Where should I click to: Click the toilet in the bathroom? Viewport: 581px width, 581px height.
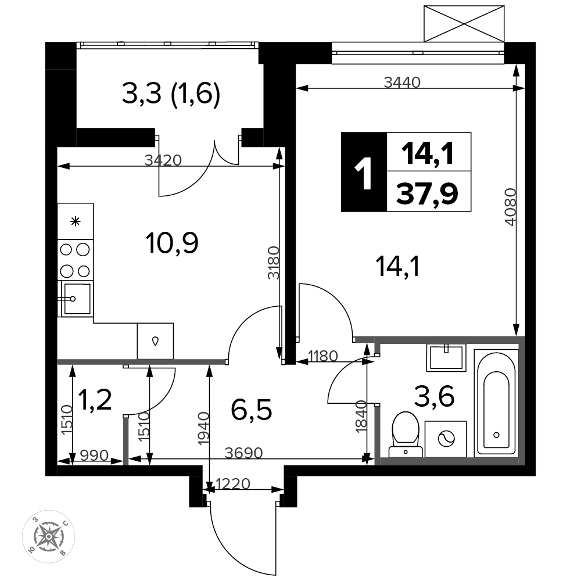tap(406, 435)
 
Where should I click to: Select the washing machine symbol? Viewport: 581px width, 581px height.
tap(446, 439)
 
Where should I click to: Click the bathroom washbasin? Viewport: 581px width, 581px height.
tap(446, 357)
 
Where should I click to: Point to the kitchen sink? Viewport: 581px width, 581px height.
tap(76, 299)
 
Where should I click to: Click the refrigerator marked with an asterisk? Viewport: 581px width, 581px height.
tap(76, 221)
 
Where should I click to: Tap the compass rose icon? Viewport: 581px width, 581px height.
tap(49, 536)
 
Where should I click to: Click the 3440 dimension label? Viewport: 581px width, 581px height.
tap(402, 83)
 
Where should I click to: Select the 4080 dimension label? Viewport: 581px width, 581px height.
tap(510, 207)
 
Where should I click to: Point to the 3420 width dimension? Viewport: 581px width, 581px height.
tap(163, 160)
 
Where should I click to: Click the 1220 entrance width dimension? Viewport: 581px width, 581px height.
tap(233, 483)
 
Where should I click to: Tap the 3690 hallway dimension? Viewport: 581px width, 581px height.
tap(244, 453)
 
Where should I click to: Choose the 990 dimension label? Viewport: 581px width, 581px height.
tap(94, 455)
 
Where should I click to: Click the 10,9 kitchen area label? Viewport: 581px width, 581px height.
tap(172, 243)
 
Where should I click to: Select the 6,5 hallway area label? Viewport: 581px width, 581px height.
tap(252, 410)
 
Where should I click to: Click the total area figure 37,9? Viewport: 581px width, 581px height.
tap(427, 193)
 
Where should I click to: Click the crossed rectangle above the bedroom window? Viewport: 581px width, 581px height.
tap(464, 23)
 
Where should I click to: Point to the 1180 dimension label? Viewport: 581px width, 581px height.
tap(323, 356)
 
